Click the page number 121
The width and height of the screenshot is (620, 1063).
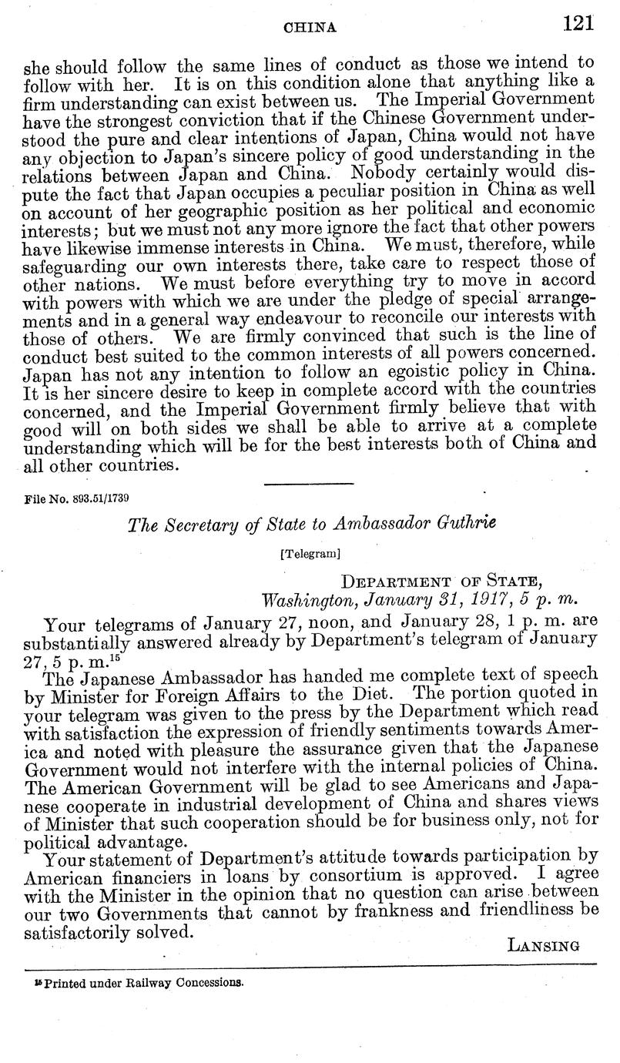pos(579,24)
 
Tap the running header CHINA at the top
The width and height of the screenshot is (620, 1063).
pos(311,27)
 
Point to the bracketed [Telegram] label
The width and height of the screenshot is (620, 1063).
pos(310,552)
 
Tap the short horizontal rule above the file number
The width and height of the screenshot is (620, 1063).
pos(309,482)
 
